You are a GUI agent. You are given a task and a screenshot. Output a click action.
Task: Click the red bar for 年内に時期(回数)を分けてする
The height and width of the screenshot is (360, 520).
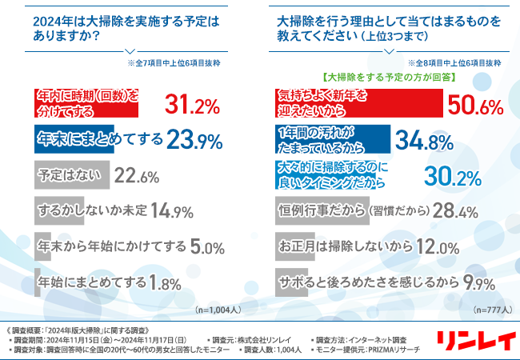pyautogui.click(x=87, y=102)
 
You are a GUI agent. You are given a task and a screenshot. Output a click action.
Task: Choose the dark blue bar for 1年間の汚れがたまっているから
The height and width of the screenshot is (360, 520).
pyautogui.click(x=328, y=139)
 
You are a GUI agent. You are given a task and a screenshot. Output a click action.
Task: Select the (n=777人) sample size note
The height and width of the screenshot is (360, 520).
pyautogui.click(x=490, y=309)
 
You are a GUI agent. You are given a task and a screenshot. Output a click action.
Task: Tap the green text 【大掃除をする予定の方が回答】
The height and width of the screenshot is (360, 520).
pyautogui.click(x=386, y=78)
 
